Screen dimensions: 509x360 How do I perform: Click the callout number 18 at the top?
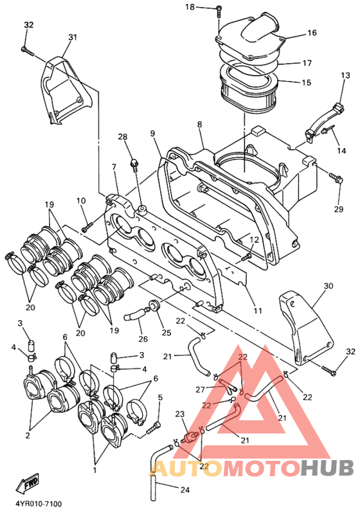(x=190, y=7)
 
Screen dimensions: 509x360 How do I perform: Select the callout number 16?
(x=312, y=33)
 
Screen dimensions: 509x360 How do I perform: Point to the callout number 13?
(x=345, y=76)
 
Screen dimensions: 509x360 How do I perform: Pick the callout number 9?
(x=153, y=134)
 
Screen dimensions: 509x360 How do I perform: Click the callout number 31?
(x=71, y=37)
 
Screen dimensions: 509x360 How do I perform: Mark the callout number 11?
(x=258, y=310)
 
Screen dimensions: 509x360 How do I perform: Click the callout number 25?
(x=166, y=332)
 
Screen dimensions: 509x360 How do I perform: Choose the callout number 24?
(x=185, y=490)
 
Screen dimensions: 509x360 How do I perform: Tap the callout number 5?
(x=160, y=397)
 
